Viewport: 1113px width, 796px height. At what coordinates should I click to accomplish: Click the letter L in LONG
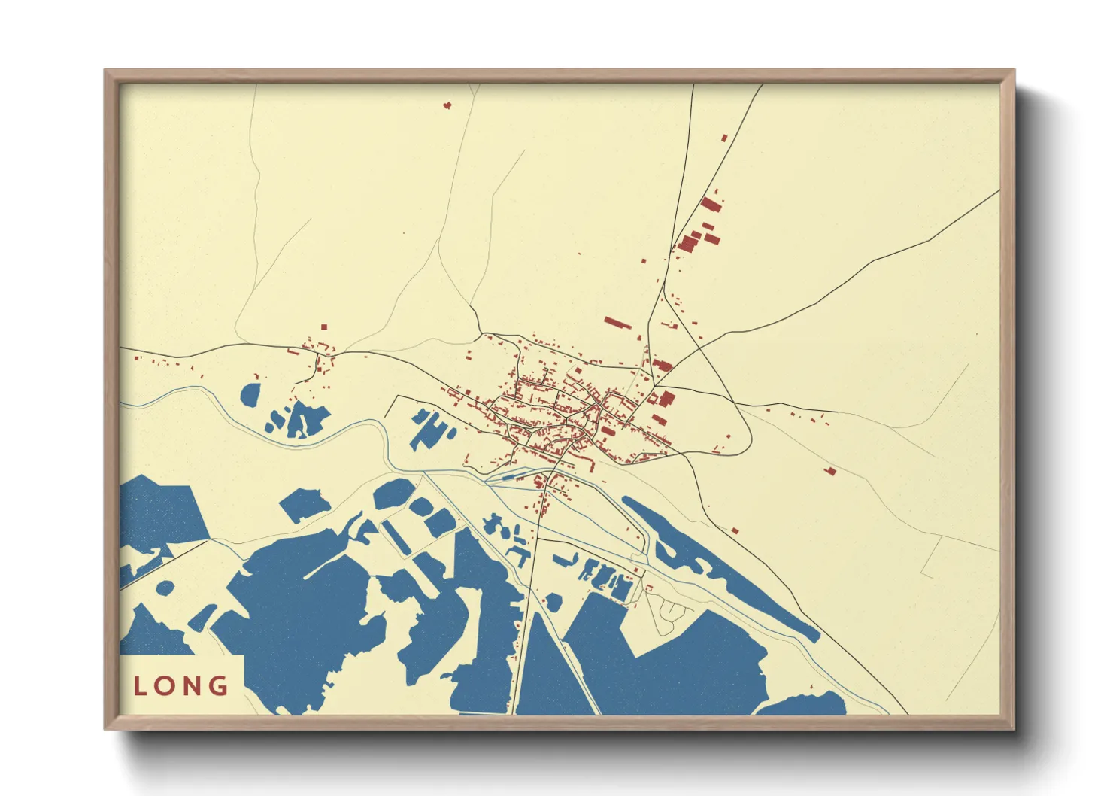(x=140, y=686)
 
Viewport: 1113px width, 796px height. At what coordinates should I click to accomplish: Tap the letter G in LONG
(x=219, y=685)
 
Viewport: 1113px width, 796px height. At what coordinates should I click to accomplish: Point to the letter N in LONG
(x=193, y=686)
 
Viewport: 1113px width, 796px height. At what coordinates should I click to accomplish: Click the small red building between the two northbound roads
(x=724, y=138)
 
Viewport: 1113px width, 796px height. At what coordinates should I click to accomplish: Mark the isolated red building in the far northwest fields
(x=447, y=105)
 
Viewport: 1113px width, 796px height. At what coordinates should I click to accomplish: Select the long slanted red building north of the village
(x=617, y=324)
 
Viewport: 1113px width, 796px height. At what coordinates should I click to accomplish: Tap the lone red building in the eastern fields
(x=830, y=472)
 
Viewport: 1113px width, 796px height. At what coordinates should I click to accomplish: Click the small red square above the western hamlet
(x=324, y=327)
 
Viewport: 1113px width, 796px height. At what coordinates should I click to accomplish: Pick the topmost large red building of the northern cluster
(x=711, y=204)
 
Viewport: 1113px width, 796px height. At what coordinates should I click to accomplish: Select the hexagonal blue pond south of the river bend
(x=393, y=494)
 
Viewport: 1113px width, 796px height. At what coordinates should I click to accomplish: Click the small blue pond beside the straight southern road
(x=553, y=602)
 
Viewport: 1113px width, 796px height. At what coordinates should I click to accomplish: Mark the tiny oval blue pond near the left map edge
(x=165, y=587)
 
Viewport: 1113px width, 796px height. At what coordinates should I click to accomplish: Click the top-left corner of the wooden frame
(x=105, y=70)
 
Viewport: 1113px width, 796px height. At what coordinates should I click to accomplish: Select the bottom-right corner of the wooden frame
(x=1014, y=729)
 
